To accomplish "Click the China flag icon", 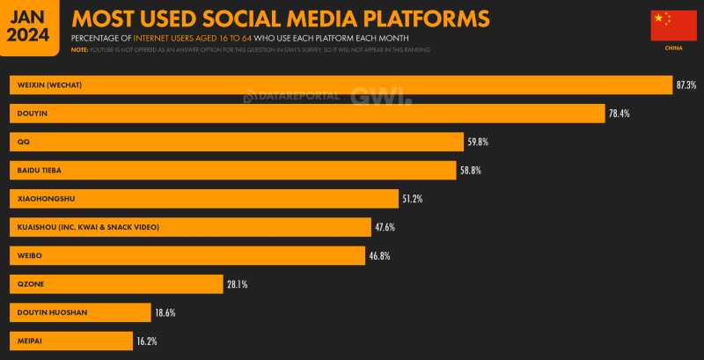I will (672, 26).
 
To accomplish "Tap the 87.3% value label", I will (686, 84).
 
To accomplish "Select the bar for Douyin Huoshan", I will (80, 312).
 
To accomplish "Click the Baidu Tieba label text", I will (39, 170).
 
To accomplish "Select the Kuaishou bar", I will (189, 227).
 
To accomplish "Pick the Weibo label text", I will (29, 255).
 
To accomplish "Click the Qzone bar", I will (115, 283).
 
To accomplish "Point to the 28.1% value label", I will (237, 283).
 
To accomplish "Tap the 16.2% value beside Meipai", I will (146, 340).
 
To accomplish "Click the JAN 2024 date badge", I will (29, 26).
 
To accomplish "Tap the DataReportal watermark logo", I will (291, 95).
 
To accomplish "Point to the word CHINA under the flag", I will (672, 48).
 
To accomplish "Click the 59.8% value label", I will (479, 142).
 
